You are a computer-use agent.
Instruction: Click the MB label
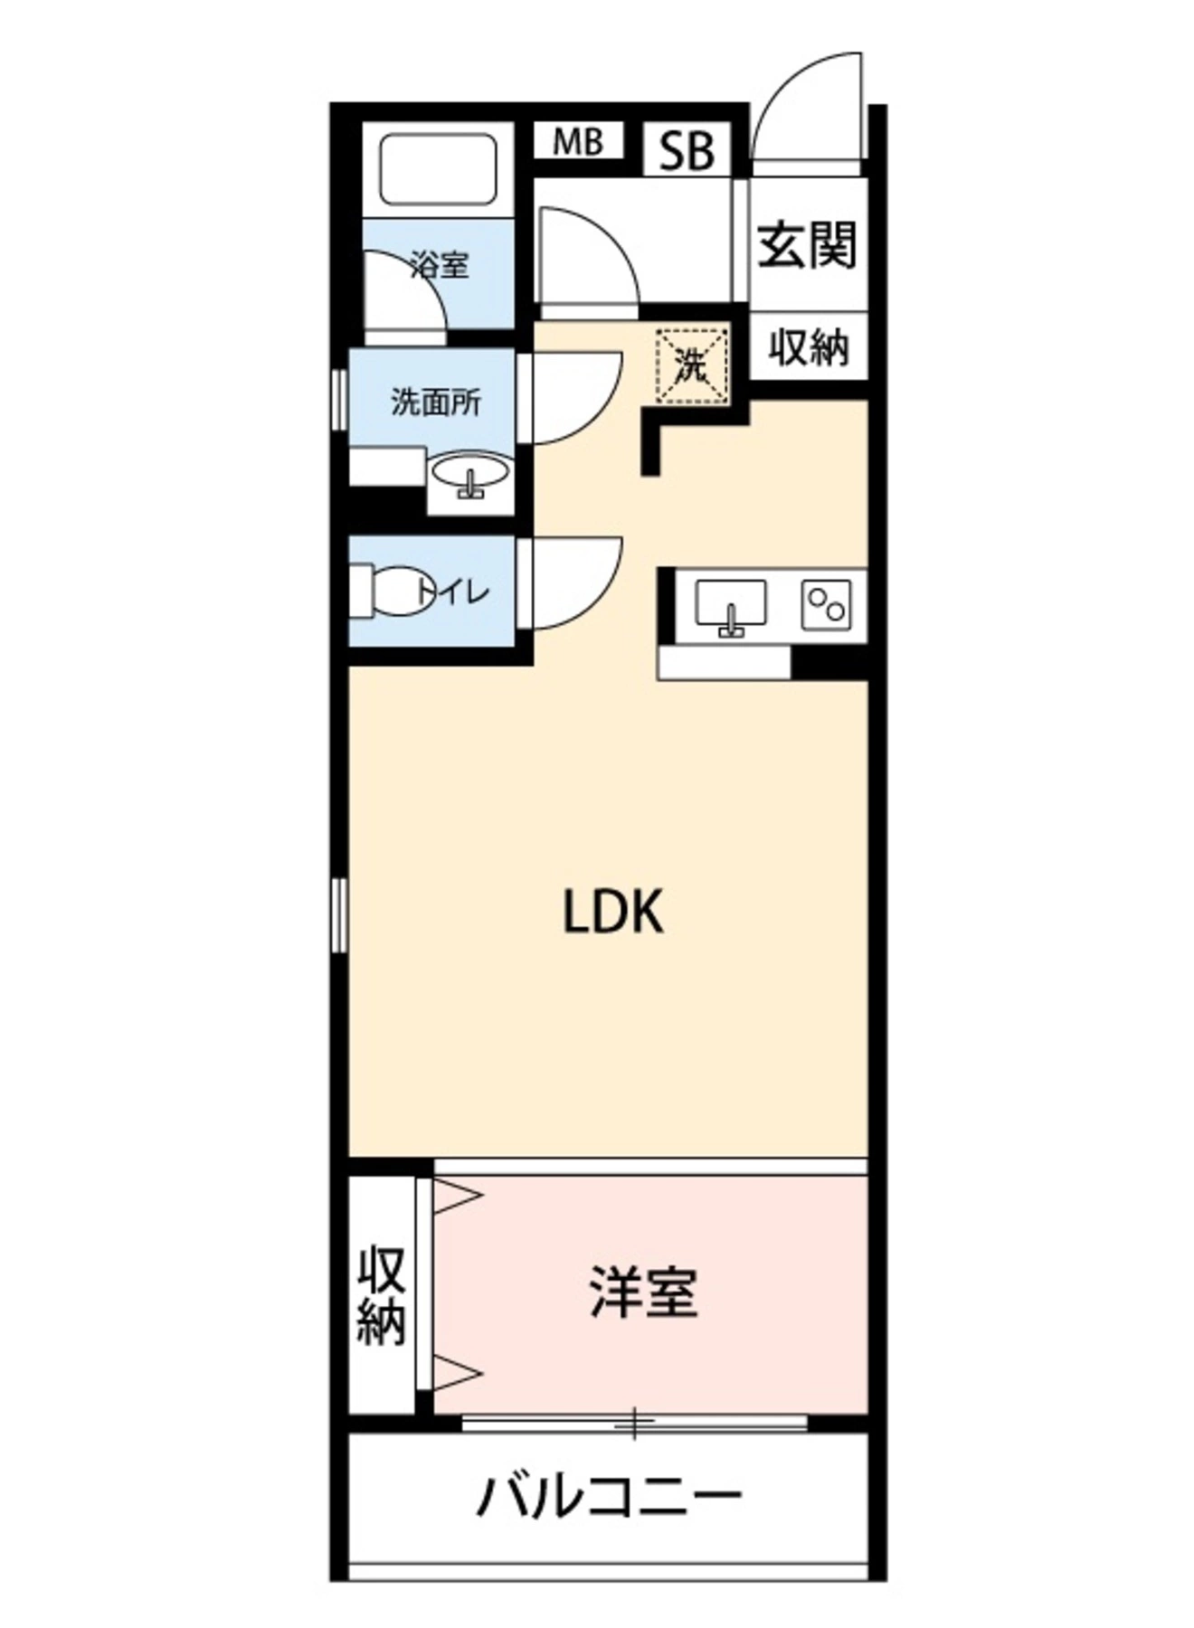coord(578,142)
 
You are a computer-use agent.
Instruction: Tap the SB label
coord(687,150)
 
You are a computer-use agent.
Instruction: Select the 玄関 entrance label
coord(807,244)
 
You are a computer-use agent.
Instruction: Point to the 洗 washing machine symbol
coord(692,364)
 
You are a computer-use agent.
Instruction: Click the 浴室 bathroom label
coord(440,266)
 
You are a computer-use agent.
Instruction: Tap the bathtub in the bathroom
coord(439,169)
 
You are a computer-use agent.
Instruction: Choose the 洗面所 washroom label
coord(436,402)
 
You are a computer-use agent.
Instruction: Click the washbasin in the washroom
coord(470,476)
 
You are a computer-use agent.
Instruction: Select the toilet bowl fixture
coord(393,592)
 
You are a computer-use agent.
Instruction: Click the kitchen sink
coord(730,604)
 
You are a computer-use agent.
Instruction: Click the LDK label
coord(613,912)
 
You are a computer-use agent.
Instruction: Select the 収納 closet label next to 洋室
coord(381,1295)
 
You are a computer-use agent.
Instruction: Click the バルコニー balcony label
coord(609,1497)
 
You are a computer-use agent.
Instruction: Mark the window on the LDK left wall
coord(339,914)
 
